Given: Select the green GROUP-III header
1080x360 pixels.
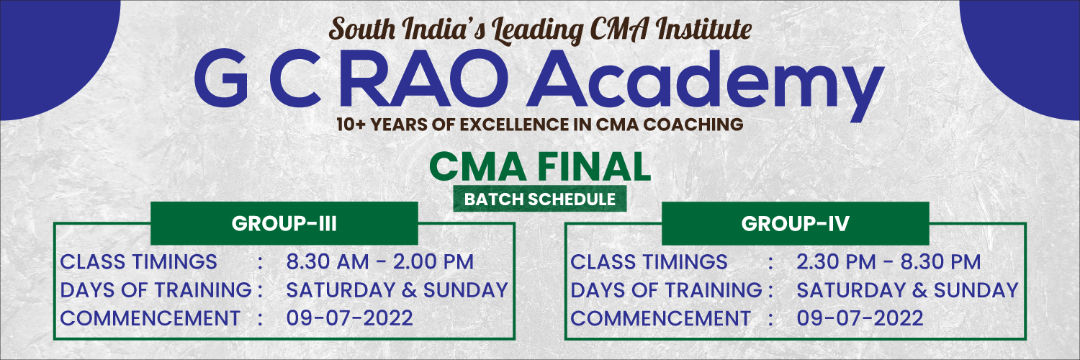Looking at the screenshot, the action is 284,223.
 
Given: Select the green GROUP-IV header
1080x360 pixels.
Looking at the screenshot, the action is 795,223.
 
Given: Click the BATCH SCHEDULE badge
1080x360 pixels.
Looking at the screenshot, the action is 539,199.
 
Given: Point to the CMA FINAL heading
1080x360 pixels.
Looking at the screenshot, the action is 539,166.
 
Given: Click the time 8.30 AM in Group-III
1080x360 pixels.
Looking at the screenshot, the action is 328,261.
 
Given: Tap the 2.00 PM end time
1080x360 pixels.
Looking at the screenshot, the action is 433,261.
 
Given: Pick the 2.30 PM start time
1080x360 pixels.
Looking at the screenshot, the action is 836,261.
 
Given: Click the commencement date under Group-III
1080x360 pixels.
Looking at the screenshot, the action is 349,318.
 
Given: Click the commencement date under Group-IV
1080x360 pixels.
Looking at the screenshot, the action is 860,318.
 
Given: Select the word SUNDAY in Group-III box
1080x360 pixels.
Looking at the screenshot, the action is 465,290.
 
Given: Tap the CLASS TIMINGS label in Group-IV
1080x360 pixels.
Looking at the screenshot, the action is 649,261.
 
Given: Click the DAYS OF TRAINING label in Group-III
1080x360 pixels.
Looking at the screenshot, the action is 156,290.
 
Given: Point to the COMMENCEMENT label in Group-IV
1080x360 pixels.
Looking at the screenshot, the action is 660,318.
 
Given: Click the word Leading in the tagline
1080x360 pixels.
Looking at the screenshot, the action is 537,30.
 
